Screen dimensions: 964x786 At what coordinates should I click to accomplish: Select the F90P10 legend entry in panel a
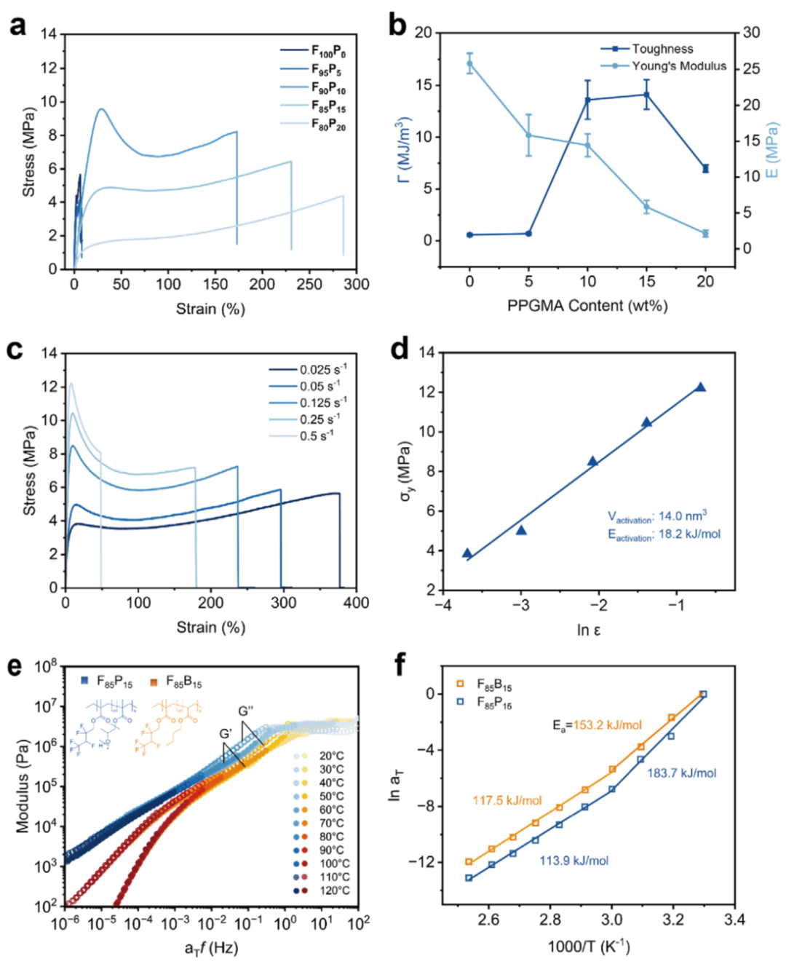coord(328,88)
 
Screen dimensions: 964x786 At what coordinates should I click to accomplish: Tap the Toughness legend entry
coord(662,49)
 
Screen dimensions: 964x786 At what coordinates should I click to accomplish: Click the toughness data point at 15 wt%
coord(646,95)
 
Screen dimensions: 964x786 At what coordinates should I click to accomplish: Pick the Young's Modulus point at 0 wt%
coord(469,63)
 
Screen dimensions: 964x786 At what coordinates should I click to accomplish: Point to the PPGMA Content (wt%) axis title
coord(587,306)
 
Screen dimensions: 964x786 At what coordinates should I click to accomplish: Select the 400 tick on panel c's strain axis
coord(356,603)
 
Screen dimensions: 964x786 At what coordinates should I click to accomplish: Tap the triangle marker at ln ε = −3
coord(521,530)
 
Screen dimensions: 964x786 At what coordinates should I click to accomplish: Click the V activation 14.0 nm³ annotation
coord(657,517)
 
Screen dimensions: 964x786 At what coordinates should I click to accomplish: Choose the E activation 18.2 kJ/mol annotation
coord(664,534)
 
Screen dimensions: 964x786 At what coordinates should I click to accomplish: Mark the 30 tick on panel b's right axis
coord(752,33)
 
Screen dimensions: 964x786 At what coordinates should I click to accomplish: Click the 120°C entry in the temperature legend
coord(334,890)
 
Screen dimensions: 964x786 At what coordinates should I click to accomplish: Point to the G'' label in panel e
coord(246,711)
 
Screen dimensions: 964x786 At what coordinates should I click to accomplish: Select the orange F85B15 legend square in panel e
coord(154,682)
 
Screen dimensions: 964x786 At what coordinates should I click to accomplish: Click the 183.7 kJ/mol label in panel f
coord(681,773)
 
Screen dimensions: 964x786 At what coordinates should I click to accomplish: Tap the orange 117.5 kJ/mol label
coord(507,800)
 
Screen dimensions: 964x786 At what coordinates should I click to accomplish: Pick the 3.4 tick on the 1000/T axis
coord(734,920)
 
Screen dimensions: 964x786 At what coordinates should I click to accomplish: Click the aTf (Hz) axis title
coord(211,948)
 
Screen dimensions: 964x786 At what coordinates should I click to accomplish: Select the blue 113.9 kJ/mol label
coord(573,861)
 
